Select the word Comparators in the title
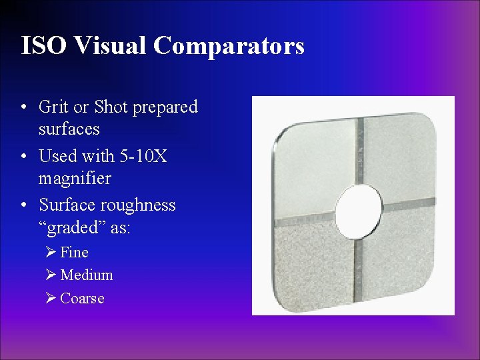229,45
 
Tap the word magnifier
75,179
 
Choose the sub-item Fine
74,252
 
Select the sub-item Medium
86,275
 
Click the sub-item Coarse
82,298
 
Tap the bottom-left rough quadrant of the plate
313,263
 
